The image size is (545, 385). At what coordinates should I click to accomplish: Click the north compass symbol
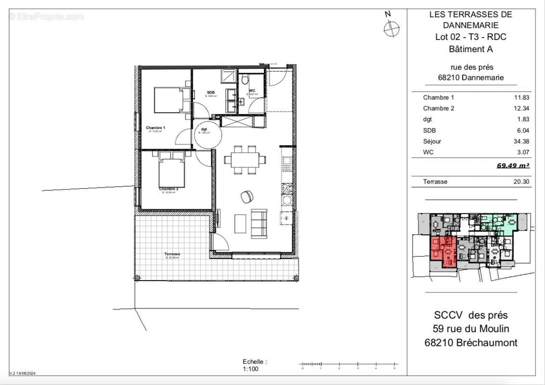[391, 28]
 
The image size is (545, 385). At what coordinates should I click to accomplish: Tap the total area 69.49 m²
[513, 166]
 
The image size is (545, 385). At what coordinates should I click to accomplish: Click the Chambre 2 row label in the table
[438, 108]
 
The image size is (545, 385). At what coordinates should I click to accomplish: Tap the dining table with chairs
[245, 159]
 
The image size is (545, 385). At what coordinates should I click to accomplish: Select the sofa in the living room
[259, 223]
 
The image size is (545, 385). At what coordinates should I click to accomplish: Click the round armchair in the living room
[247, 196]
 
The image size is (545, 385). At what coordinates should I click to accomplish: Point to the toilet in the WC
[245, 80]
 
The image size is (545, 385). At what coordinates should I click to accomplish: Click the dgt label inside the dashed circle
[204, 129]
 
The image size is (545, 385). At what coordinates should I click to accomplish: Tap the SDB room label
[211, 92]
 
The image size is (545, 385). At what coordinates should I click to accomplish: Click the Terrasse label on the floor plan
[172, 254]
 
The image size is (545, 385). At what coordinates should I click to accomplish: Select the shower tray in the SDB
[228, 77]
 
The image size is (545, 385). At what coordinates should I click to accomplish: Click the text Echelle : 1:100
[254, 365]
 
